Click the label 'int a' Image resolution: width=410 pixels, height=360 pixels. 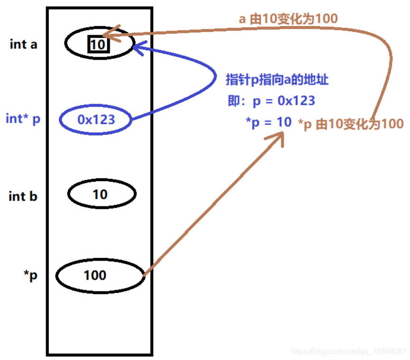(23, 45)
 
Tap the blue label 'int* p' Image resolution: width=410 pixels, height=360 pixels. (23, 118)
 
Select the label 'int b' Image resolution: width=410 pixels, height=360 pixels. (23, 195)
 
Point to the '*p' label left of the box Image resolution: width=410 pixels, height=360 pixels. (30, 276)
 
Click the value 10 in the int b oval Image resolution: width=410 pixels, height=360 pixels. (100, 194)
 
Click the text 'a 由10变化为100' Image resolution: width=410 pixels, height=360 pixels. (288, 19)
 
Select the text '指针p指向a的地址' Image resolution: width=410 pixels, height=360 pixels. (277, 80)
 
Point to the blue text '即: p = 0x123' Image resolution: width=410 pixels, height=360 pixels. (271, 101)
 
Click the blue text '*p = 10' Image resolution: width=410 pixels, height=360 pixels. (268, 122)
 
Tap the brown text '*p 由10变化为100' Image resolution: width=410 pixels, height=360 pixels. (351, 124)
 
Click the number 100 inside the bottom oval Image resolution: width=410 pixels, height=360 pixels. (95, 275)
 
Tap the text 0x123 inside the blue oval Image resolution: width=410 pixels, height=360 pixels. (96, 119)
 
